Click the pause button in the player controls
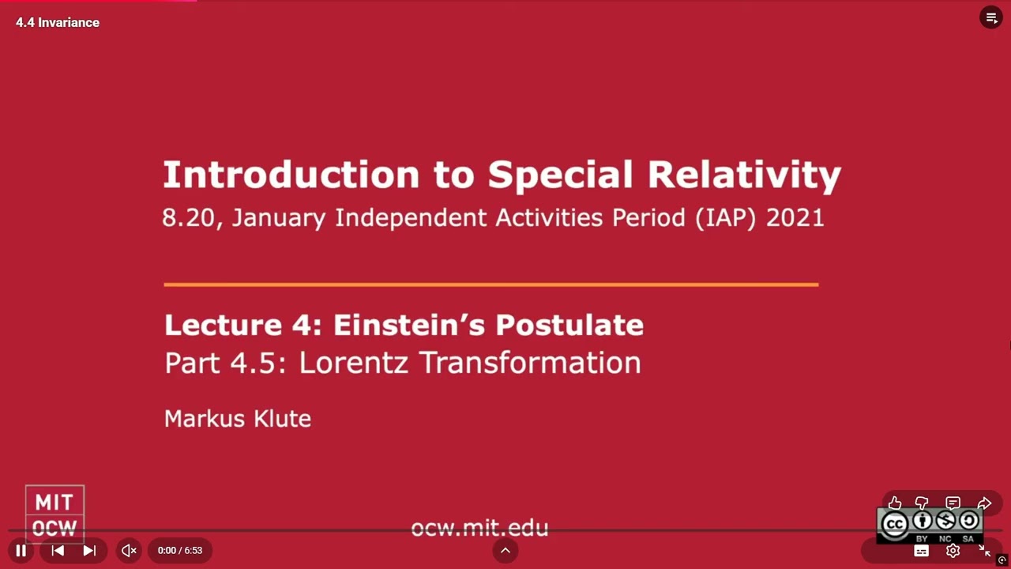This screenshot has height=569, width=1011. [x=21, y=551]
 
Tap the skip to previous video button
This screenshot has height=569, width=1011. [x=58, y=551]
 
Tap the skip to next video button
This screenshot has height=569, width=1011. [x=89, y=551]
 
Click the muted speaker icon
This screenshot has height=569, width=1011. [x=129, y=551]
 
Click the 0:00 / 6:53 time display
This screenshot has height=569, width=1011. [x=180, y=551]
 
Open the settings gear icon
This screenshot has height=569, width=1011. [x=953, y=551]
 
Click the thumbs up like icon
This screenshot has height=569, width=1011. [x=895, y=503]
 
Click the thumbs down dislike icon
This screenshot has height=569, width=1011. [x=922, y=503]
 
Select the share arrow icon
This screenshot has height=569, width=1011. [x=984, y=503]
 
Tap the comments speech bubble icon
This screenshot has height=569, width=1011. [x=953, y=503]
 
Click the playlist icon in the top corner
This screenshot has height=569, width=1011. [x=991, y=17]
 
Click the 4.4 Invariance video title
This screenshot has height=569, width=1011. [x=58, y=22]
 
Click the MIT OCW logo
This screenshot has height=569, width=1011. [x=54, y=514]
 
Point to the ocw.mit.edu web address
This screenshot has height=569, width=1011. [x=479, y=528]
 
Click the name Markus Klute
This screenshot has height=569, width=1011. [x=238, y=419]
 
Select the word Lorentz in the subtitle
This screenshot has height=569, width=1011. [x=355, y=363]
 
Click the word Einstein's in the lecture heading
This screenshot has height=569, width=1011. [x=403, y=325]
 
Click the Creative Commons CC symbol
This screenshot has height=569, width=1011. [x=894, y=524]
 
